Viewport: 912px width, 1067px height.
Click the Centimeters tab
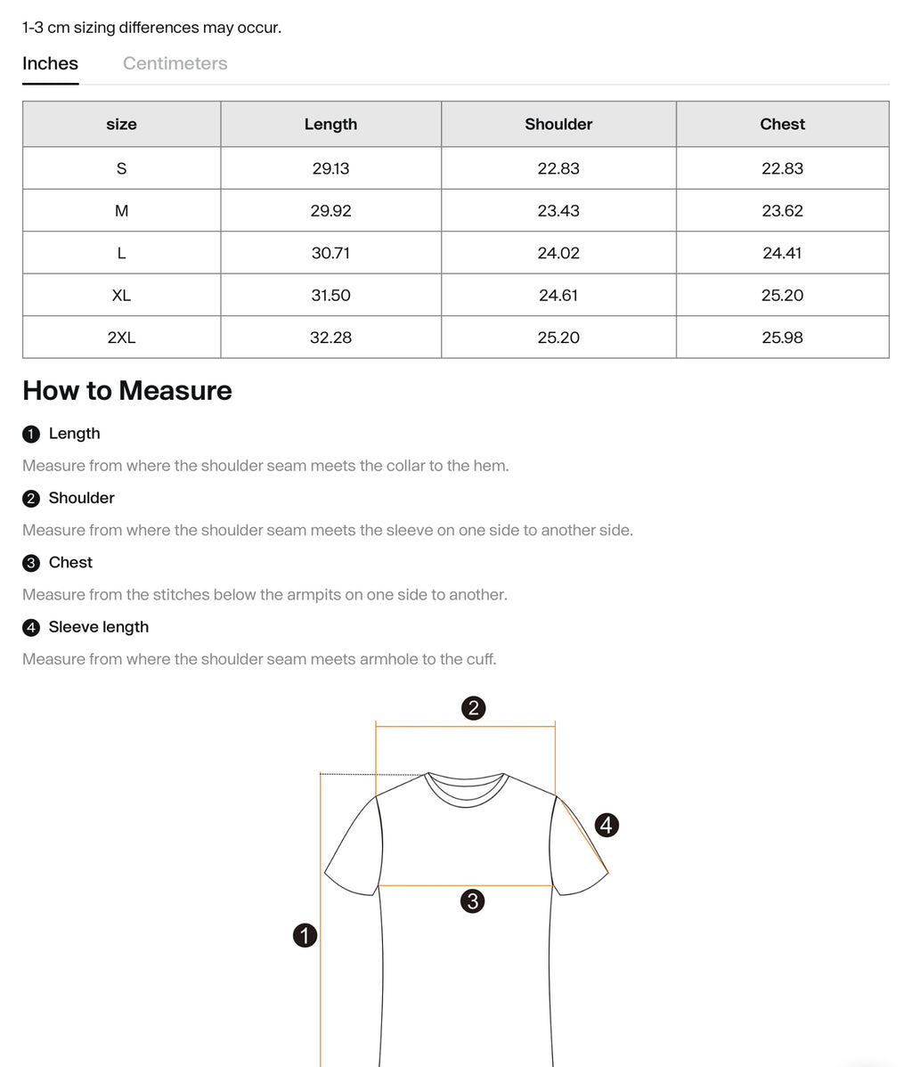click(x=175, y=63)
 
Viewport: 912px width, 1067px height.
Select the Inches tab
click(x=50, y=63)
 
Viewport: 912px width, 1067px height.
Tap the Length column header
click(x=330, y=124)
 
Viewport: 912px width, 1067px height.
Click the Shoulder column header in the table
click(x=558, y=124)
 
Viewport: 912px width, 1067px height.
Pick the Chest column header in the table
click(x=782, y=124)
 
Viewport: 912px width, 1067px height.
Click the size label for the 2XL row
click(x=121, y=338)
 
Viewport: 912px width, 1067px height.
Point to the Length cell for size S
click(x=330, y=168)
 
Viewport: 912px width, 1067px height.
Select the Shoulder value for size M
click(x=558, y=211)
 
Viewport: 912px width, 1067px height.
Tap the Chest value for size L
click(x=782, y=253)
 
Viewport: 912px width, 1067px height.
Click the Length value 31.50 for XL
click(x=330, y=295)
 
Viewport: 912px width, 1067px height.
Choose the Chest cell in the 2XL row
click(x=782, y=338)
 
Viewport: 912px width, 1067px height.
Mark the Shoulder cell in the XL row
click(x=558, y=295)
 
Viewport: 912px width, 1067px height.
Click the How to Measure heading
click(x=127, y=390)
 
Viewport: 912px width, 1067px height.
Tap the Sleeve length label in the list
click(x=98, y=627)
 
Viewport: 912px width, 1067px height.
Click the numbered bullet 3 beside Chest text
click(x=32, y=563)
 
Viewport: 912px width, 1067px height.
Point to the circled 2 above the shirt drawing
click(x=473, y=708)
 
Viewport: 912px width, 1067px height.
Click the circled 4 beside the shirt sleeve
click(x=607, y=825)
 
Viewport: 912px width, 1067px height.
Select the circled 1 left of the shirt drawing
click(x=305, y=935)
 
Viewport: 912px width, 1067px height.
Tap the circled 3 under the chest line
click(x=473, y=900)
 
